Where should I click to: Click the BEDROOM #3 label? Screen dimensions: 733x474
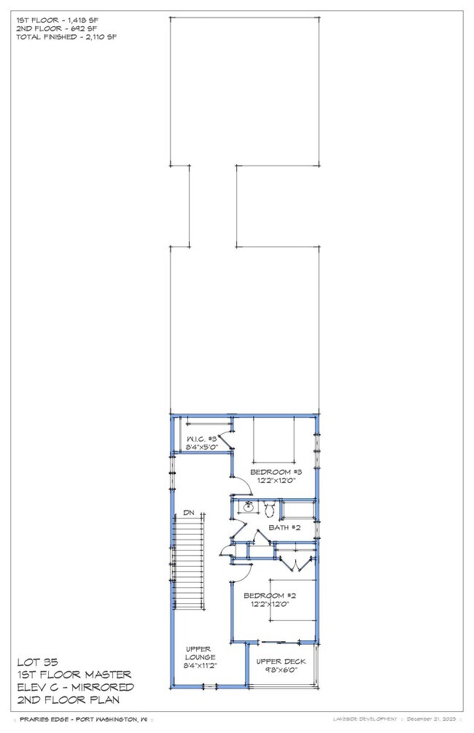click(275, 472)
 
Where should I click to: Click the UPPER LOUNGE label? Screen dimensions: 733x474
click(200, 652)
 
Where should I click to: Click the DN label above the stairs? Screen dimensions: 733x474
click(188, 511)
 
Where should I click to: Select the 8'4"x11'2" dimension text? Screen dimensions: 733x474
click(200, 666)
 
